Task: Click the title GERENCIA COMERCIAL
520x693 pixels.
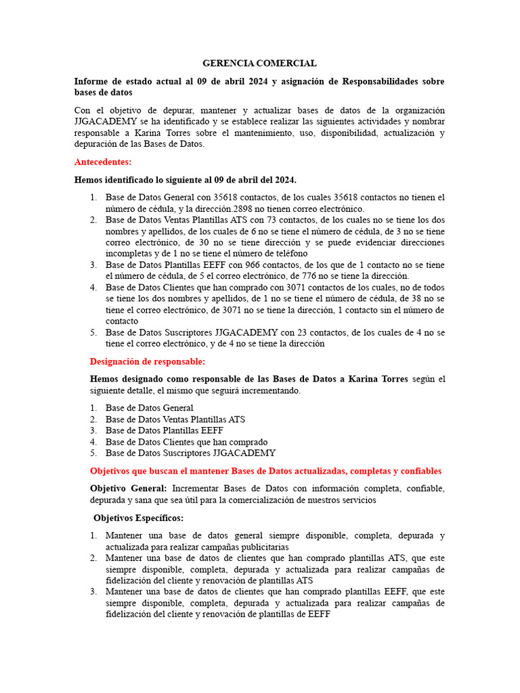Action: [x=259, y=63]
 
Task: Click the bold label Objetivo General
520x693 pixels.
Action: [x=128, y=489]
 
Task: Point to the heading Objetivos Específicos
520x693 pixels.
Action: [x=138, y=518]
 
